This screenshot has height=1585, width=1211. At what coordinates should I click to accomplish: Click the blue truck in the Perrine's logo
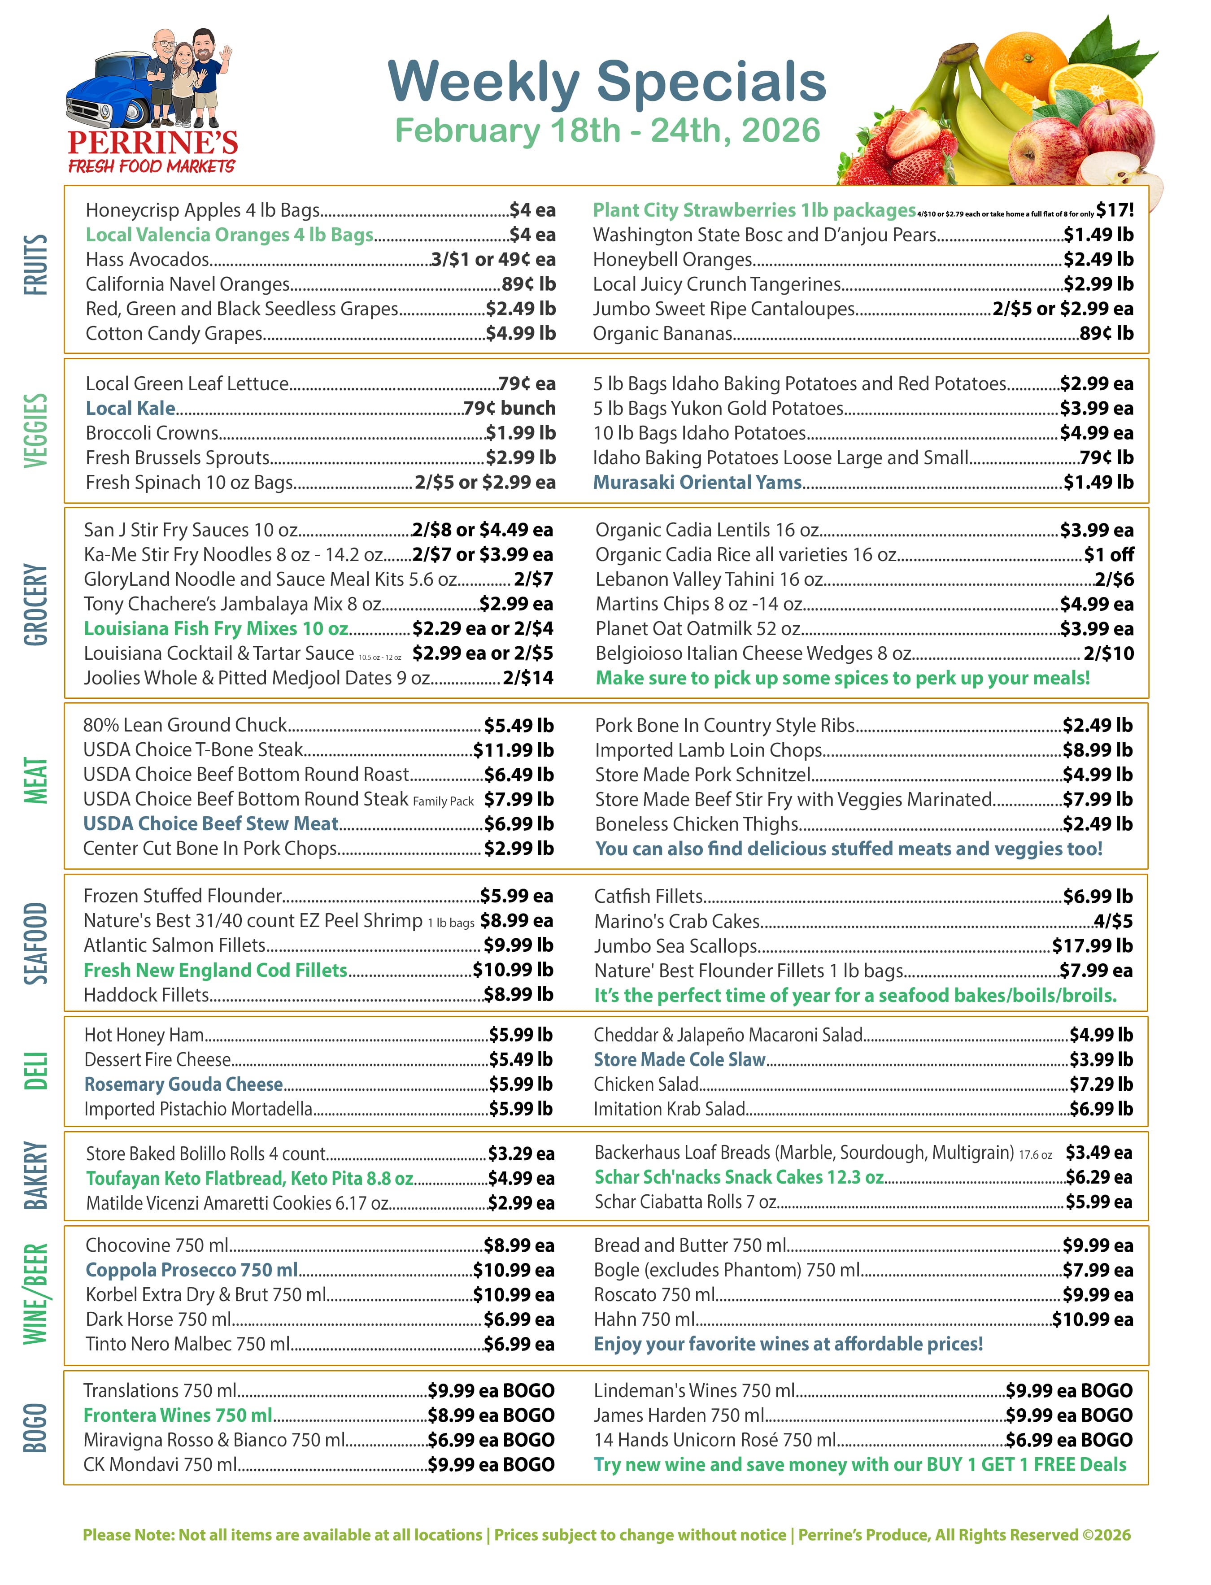coord(108,94)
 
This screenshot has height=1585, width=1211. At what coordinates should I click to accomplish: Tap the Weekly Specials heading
coord(606,82)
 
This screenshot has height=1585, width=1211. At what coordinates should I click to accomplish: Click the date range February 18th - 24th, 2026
coord(607,131)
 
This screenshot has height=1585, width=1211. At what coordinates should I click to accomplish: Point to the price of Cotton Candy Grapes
coord(520,334)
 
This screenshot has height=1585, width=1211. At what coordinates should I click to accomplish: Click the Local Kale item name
coord(131,409)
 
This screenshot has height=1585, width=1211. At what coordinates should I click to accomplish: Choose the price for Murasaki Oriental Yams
coord(1098,482)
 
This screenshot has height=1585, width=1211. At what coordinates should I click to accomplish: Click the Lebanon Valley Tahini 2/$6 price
coord(1114,579)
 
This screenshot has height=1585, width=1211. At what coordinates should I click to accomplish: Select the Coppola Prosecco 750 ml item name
coord(192,1270)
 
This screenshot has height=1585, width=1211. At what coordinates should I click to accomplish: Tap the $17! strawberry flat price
coord(1115,210)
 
